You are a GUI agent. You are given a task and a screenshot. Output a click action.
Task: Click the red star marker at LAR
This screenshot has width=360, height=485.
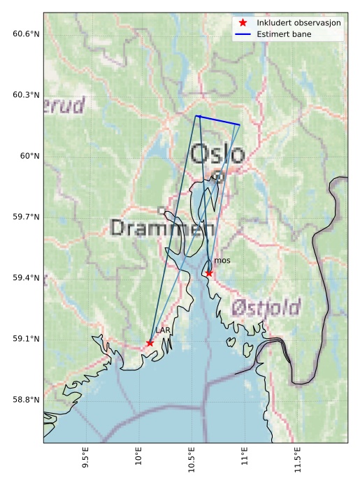[x=150, y=342]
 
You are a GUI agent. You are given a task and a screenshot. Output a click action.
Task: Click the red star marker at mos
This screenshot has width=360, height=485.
[x=208, y=273]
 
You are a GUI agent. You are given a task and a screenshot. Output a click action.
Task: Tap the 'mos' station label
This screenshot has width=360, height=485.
[x=222, y=261]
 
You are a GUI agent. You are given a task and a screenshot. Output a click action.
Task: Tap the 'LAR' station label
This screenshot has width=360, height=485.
[x=163, y=330]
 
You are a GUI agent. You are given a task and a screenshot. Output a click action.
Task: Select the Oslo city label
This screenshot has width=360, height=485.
[x=217, y=154]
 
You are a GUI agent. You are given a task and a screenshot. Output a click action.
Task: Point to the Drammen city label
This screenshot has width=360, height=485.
[x=162, y=228]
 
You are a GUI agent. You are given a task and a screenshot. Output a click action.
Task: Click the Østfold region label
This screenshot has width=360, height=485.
[x=266, y=307]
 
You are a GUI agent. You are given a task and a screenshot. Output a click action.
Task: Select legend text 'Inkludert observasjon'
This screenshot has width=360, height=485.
[x=298, y=22]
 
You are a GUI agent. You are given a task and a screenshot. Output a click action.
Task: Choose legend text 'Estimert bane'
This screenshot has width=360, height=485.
[x=284, y=34]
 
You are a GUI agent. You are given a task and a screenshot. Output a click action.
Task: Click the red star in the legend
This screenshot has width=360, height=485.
[x=243, y=22]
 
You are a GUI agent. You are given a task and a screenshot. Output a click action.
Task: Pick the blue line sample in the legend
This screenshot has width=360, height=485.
[x=243, y=34]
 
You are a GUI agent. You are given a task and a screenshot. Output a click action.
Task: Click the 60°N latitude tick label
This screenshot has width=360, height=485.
[x=29, y=156]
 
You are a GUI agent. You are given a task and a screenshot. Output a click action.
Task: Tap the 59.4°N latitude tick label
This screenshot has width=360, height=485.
[x=26, y=278]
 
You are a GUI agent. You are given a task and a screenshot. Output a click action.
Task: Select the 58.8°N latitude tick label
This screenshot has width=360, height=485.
[x=26, y=400]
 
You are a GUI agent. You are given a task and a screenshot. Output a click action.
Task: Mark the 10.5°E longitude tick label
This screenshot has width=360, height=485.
[x=192, y=461]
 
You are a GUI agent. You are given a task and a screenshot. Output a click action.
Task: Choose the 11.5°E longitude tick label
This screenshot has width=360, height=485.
[x=298, y=461]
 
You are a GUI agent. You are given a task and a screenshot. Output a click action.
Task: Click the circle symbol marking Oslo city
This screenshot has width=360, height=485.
[x=218, y=177]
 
